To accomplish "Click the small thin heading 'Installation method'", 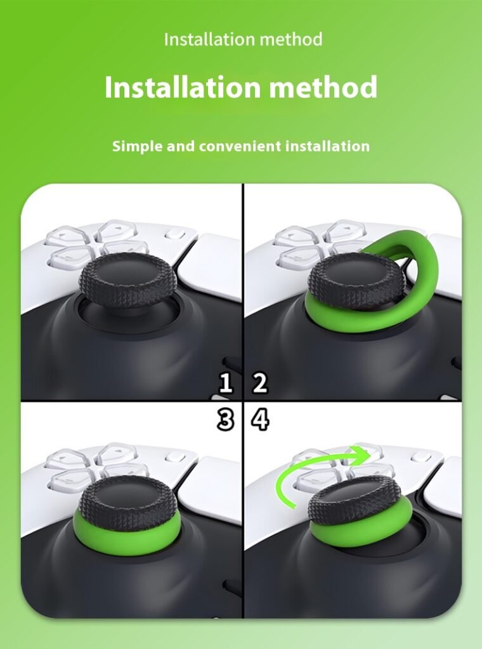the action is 243,39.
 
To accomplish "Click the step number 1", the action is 225,383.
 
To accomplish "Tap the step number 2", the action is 259,383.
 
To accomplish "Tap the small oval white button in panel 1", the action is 175,234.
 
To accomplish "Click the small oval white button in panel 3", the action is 175,457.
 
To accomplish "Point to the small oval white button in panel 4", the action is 420,457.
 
